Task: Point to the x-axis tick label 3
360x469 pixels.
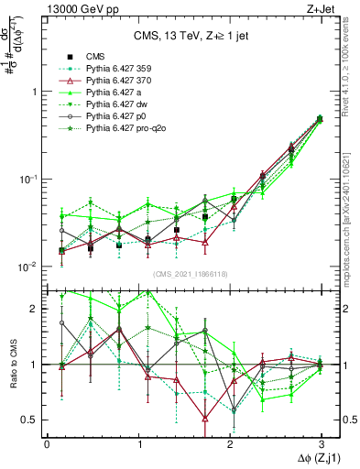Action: point(321,444)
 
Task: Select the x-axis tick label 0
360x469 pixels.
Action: point(47,444)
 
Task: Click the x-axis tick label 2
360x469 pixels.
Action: point(229,444)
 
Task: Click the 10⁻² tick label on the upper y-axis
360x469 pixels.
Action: point(27,267)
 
